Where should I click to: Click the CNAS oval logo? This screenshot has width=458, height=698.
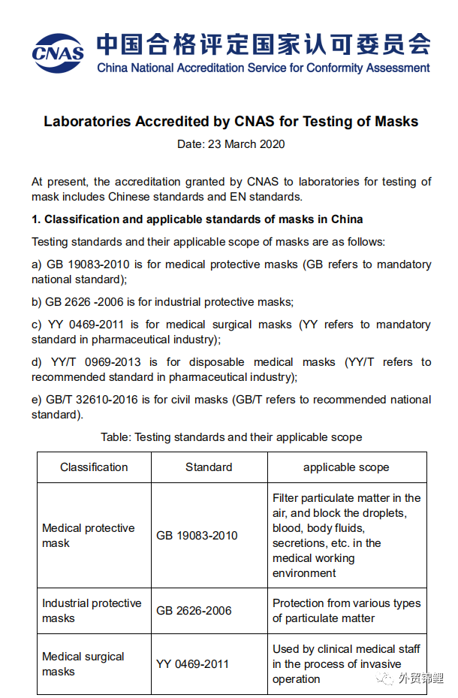tap(58, 50)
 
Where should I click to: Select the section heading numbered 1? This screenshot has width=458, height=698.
tap(197, 219)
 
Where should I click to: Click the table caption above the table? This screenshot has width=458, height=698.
tap(231, 437)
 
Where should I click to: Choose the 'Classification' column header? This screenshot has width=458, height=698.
tap(94, 467)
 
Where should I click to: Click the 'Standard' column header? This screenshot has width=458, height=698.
tap(209, 467)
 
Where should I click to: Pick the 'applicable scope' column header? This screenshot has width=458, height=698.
tap(346, 467)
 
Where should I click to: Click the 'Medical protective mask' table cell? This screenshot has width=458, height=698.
tap(88, 535)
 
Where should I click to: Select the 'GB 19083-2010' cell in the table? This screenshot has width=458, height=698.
tap(197, 536)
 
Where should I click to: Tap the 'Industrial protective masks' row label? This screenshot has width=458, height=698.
tap(91, 610)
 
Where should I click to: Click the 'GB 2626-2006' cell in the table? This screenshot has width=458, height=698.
tap(194, 611)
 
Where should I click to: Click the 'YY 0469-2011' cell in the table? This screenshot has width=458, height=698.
tap(192, 663)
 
